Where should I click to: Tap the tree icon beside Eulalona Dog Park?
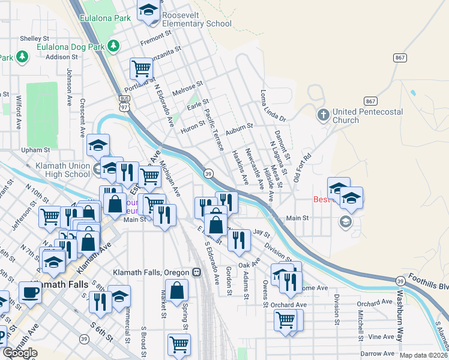coord(113,46)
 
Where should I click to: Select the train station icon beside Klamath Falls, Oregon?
coord(196,272)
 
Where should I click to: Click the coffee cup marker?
coord(29,292)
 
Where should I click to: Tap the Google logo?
coord(20,352)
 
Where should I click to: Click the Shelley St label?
coord(30,38)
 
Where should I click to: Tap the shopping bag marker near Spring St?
coord(178,292)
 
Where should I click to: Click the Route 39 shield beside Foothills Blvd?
coord(400,280)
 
